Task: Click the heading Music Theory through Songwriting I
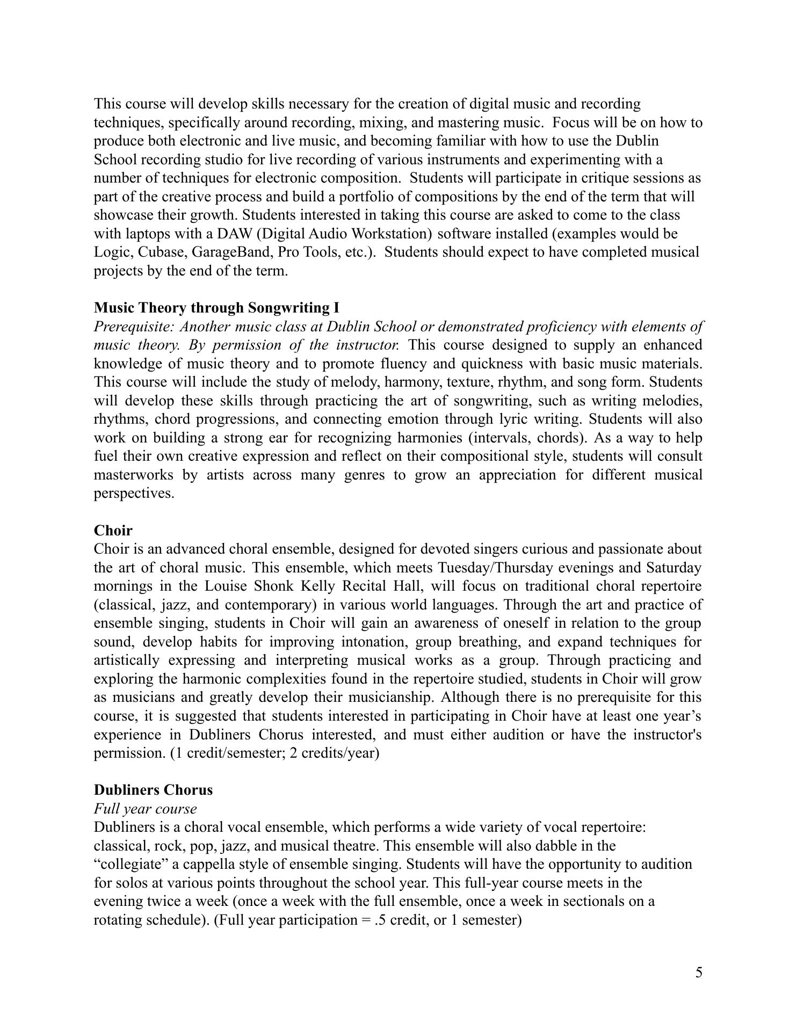point(216,308)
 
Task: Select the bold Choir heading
point(113,531)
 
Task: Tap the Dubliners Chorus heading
point(153,790)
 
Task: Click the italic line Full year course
point(145,809)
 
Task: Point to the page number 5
point(698,972)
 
